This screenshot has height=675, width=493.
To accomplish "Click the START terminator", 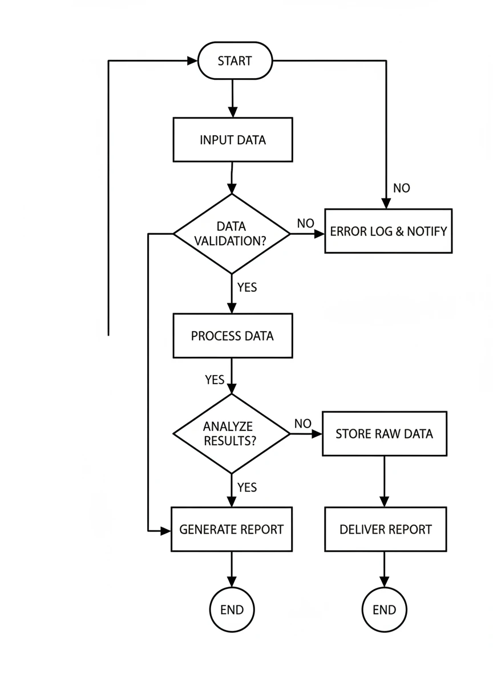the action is pos(235,60).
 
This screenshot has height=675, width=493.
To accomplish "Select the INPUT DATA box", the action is pos(233,140).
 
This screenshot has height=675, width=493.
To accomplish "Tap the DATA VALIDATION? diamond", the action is pos(232,234).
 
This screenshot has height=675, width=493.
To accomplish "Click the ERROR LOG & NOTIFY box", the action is pos(388,231).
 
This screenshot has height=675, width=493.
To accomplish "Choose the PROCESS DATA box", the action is pos(233,336).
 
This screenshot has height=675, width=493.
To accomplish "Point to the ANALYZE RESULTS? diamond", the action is pos(232,433).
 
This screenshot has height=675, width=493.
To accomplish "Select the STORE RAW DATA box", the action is pos(385,433).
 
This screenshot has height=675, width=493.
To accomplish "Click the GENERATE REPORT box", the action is pos(232,529).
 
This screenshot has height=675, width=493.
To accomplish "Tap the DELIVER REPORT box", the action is pos(386,529).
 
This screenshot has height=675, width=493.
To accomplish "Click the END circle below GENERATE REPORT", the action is pos(232,609).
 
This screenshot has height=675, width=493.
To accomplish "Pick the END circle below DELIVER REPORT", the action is pos(385,609).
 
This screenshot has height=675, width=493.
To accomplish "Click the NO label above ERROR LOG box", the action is pos(402,188).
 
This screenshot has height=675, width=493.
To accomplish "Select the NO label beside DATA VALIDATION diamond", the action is pos(305,223).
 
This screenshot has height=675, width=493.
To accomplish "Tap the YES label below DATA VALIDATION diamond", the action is pos(247,287).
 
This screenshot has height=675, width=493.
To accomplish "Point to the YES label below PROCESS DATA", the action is pos(215,380).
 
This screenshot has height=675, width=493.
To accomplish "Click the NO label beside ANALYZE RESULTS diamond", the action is pos(303,424).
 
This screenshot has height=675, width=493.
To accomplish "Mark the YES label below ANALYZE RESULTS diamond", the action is pos(247,487).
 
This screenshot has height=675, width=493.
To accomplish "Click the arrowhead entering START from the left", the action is pos(193,60).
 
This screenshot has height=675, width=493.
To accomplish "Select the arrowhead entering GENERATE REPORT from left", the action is pos(166,531).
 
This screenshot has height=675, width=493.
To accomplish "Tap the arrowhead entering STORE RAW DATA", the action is pos(317,434).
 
